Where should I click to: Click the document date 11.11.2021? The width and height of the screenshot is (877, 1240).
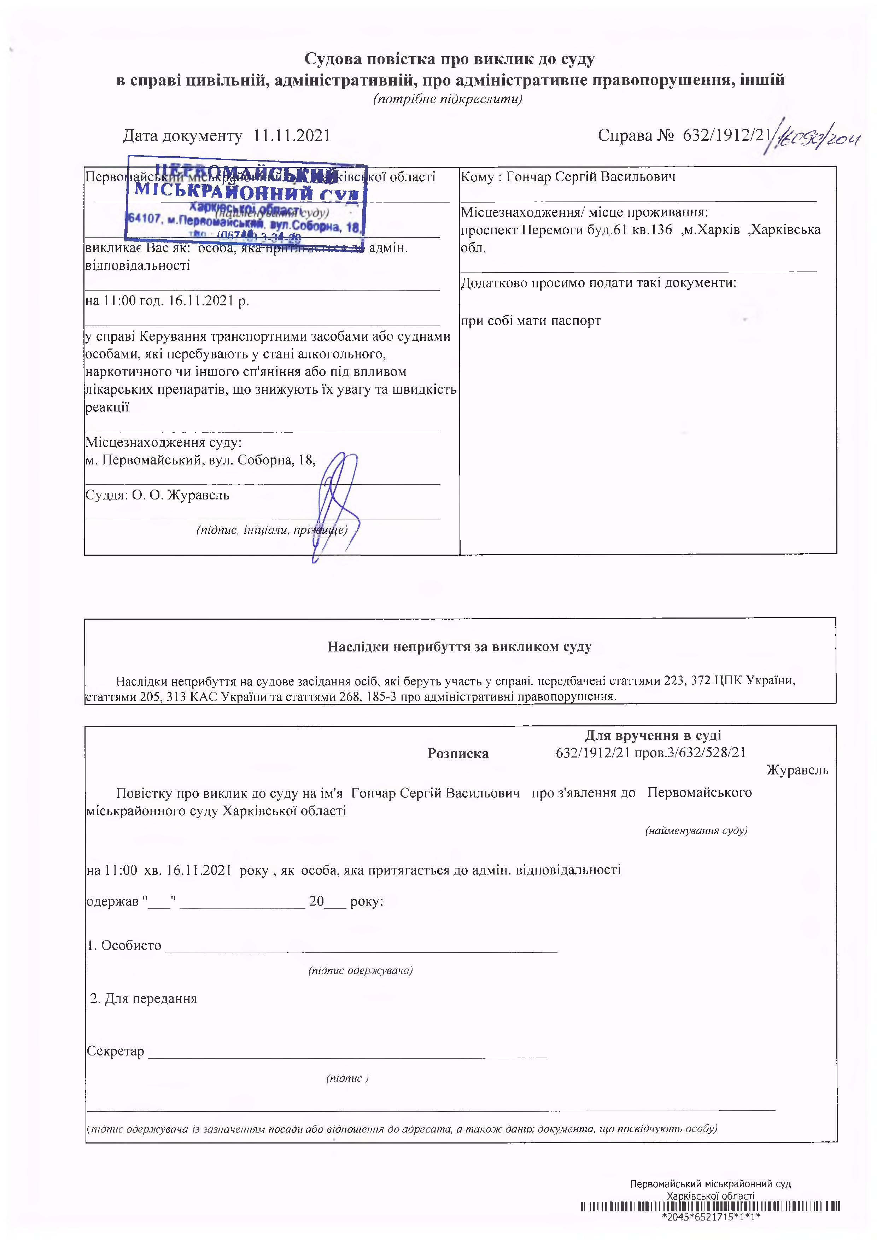[292, 135]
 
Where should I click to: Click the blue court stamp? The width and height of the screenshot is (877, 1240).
[246, 200]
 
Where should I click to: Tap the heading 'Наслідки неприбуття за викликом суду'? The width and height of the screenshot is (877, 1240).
[460, 647]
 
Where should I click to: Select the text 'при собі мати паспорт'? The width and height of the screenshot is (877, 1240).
[530, 321]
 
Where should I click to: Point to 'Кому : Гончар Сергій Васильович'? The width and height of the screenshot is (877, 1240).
[568, 177]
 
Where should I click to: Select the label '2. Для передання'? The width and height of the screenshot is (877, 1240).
[144, 999]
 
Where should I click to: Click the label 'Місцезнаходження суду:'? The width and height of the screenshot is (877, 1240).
[163, 443]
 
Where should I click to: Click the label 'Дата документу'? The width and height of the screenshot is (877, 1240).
[182, 135]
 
